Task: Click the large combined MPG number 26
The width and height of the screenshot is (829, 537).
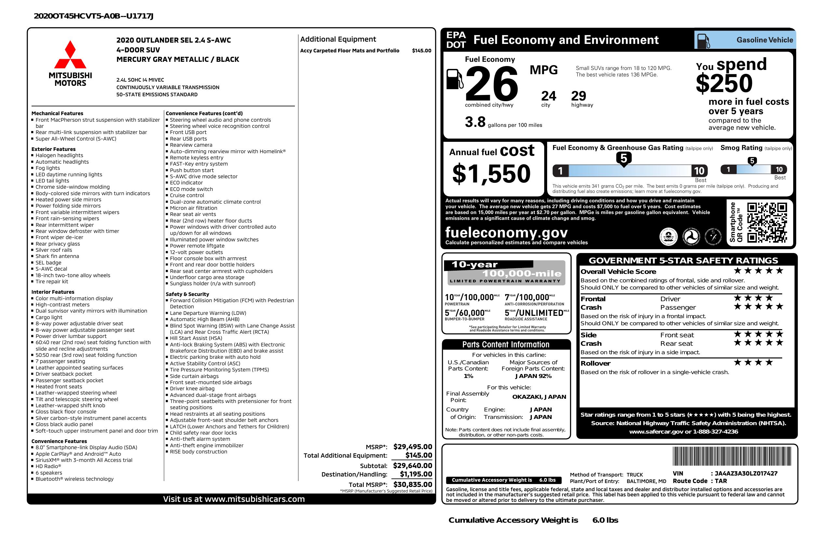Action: point(491,84)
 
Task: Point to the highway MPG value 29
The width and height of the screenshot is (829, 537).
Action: point(579,96)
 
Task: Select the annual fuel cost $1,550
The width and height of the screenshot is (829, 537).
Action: point(491,174)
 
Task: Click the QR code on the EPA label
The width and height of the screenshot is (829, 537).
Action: point(767,222)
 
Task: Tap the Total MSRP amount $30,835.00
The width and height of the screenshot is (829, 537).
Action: point(413,484)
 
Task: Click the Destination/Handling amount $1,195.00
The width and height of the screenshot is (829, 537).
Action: point(415,474)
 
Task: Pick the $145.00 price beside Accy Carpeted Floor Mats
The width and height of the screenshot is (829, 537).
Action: point(421,50)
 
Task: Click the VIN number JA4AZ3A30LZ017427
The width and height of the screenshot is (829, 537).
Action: point(746,473)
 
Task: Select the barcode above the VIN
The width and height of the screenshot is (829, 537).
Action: point(732,457)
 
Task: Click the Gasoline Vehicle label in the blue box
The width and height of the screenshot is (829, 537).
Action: point(765,40)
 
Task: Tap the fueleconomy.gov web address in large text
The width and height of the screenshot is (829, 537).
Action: point(506,233)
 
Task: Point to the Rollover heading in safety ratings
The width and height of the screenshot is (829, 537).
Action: point(595,363)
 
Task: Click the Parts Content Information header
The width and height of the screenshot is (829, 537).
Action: point(506,345)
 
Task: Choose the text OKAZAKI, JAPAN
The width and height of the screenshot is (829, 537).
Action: point(539,396)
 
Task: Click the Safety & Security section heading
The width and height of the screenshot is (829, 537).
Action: point(187,294)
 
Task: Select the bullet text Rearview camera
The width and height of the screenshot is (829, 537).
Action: point(191,145)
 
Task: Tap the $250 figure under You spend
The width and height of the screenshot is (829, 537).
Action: point(724,84)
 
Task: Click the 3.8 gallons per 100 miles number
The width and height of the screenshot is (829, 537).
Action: point(475,122)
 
